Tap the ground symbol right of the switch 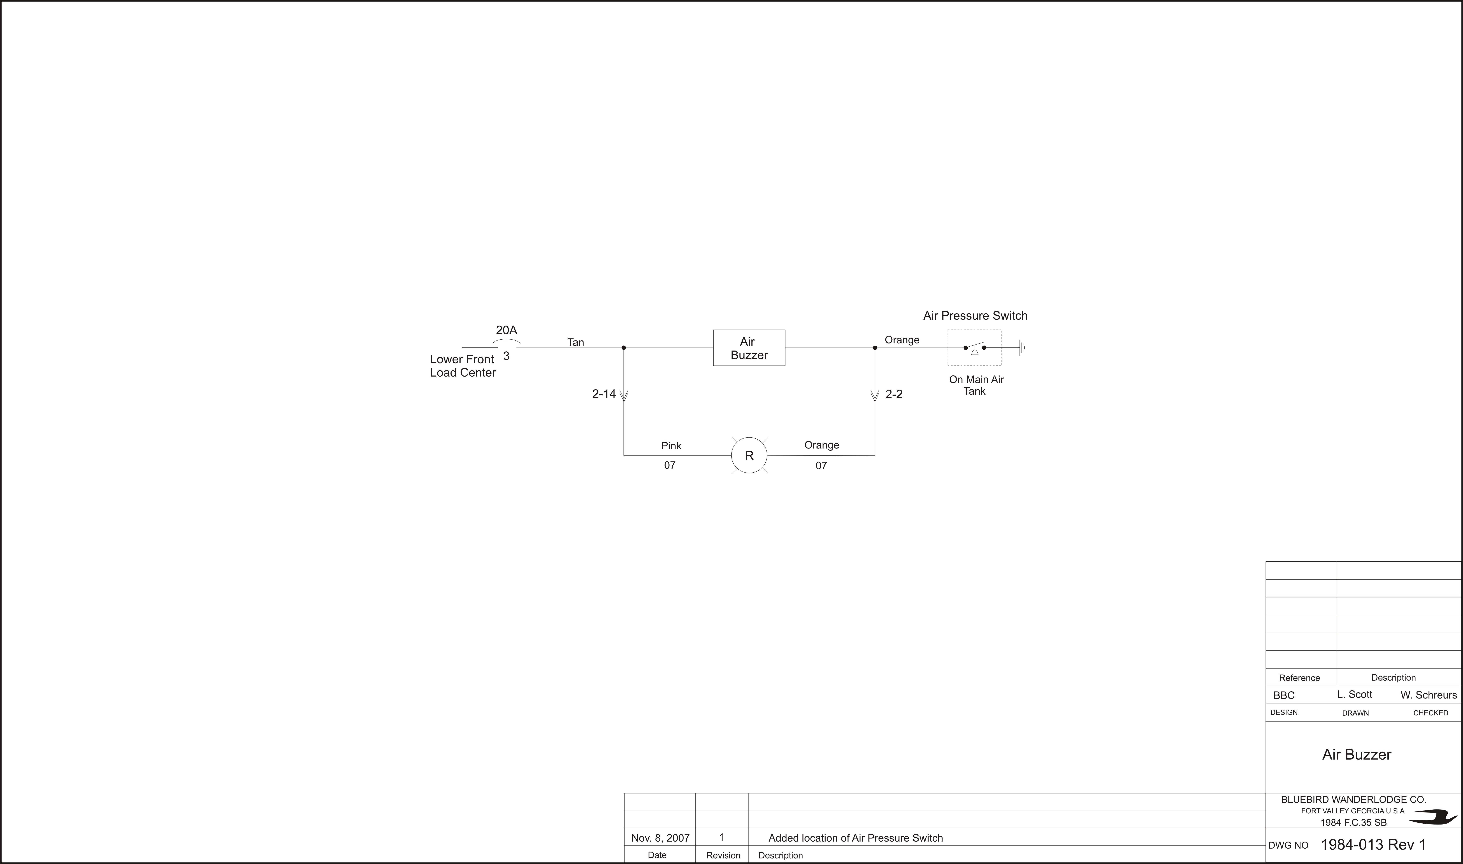coord(1021,348)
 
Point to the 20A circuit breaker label coord(506,330)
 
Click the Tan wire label coord(575,342)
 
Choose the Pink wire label coord(671,446)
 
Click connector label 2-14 coord(604,394)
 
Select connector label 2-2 coord(894,394)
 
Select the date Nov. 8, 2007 coord(660,838)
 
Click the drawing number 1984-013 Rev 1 coord(1373,845)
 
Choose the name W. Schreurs coord(1429,695)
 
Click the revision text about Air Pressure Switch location coord(856,838)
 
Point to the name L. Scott coord(1355,695)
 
